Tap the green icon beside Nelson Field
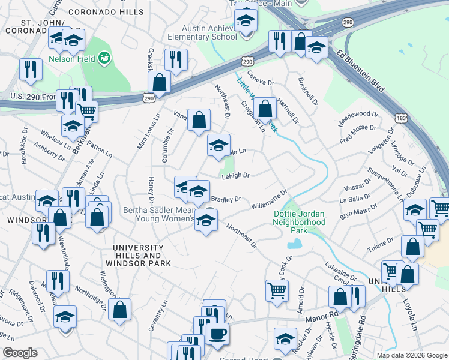click(105, 58)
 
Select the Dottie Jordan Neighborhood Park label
click(300, 218)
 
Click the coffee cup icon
click(217, 334)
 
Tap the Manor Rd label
click(322, 314)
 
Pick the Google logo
click(20, 353)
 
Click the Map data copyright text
click(411, 355)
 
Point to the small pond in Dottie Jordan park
click(294, 244)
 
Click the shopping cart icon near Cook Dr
click(277, 290)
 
